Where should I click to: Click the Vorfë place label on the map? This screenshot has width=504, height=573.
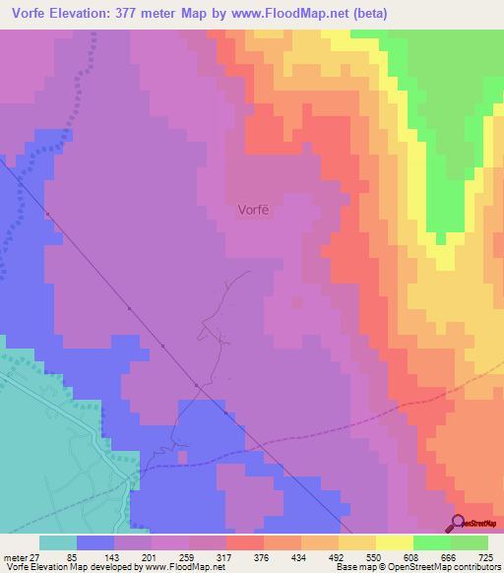253,209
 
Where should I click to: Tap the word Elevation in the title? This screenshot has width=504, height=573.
90,14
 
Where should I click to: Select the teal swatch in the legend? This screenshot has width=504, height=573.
58,542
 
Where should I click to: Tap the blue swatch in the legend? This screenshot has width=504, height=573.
95,542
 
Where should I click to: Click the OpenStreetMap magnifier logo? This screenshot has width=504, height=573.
457,523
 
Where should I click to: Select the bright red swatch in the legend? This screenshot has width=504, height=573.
245,542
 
